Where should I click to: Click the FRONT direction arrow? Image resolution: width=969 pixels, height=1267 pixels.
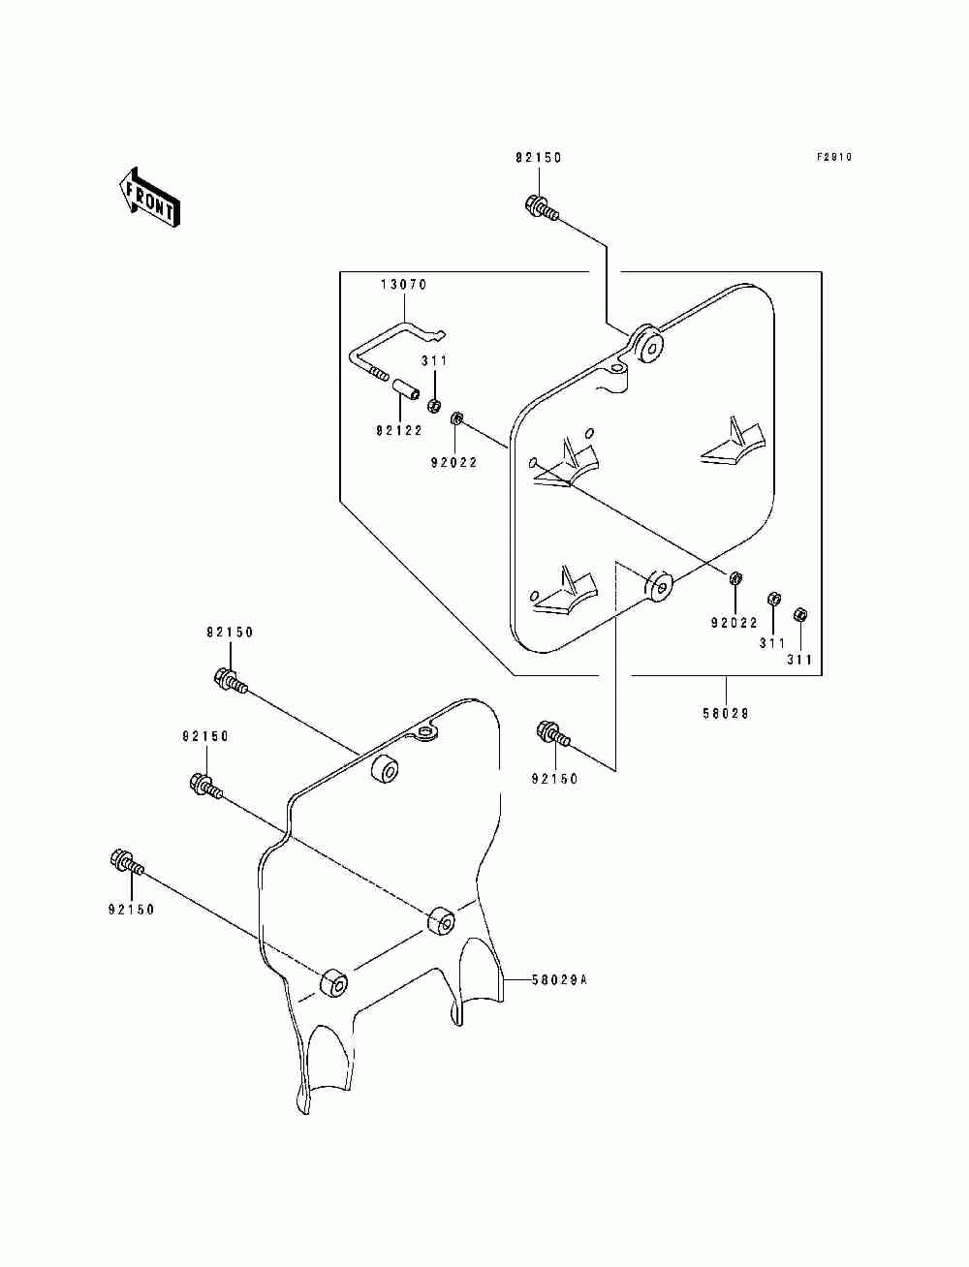[149, 198]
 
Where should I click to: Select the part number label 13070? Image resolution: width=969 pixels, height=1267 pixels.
[404, 285]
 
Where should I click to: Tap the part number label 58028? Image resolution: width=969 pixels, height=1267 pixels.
[726, 714]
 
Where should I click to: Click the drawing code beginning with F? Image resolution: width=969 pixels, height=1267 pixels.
[834, 157]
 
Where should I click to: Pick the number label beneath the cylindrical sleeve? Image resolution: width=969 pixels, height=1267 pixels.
[399, 430]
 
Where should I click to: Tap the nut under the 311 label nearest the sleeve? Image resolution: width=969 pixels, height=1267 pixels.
[434, 406]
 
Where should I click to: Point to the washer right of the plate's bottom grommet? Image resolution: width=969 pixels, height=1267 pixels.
[735, 577]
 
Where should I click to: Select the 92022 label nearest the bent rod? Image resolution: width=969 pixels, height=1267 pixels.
[453, 462]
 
